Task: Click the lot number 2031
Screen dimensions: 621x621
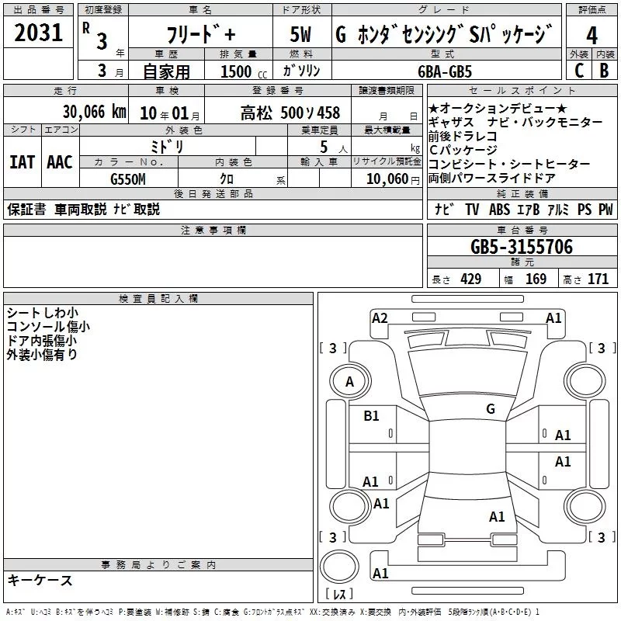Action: click(38, 35)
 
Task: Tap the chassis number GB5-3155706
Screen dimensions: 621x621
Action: click(522, 248)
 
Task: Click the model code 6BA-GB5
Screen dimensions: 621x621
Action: click(454, 70)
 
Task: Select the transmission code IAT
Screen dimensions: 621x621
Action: click(21, 161)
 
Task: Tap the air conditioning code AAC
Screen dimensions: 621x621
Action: click(60, 161)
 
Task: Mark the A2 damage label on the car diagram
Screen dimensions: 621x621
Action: click(380, 317)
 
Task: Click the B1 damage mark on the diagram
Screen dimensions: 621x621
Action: click(372, 415)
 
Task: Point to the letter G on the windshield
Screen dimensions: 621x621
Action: click(491, 409)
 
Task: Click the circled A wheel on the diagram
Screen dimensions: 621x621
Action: click(349, 382)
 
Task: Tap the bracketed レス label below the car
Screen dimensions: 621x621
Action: click(339, 595)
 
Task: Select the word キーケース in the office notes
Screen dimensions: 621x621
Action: click(40, 581)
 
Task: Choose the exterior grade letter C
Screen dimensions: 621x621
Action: click(578, 70)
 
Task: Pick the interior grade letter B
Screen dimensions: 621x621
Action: click(605, 70)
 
